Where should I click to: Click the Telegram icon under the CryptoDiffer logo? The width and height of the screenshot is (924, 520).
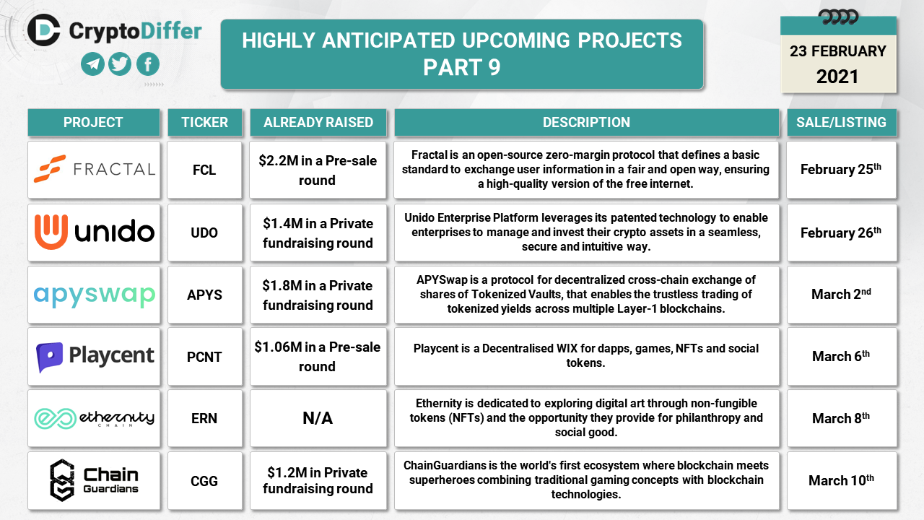[x=92, y=64]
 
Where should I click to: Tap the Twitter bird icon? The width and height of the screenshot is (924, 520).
[x=120, y=64]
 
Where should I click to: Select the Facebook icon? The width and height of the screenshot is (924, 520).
[x=148, y=64]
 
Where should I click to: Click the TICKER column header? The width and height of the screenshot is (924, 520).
[x=204, y=122]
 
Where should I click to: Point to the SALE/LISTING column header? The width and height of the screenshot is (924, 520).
[x=842, y=122]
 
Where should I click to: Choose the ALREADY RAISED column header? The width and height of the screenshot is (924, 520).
[x=318, y=122]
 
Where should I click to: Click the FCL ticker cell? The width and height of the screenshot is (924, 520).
[x=204, y=170]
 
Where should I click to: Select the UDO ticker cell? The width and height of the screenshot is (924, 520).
[x=204, y=233]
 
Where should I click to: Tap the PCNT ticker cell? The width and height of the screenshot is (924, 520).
[x=204, y=357]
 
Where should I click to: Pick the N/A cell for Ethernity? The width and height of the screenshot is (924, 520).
[x=318, y=418]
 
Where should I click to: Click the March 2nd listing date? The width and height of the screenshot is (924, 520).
[x=841, y=294]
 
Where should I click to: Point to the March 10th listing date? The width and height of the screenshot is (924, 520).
[x=841, y=480]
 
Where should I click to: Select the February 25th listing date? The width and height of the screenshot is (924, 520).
[x=841, y=169]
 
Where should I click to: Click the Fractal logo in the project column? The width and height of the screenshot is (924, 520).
[x=95, y=169]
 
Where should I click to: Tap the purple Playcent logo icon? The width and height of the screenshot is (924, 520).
[x=50, y=357]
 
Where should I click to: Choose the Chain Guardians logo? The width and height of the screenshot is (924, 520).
[x=94, y=480]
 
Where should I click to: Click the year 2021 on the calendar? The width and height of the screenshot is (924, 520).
[x=837, y=77]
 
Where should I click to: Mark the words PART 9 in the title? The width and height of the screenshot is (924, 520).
[x=461, y=67]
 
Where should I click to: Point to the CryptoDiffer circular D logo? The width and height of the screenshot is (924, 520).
[x=44, y=30]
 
